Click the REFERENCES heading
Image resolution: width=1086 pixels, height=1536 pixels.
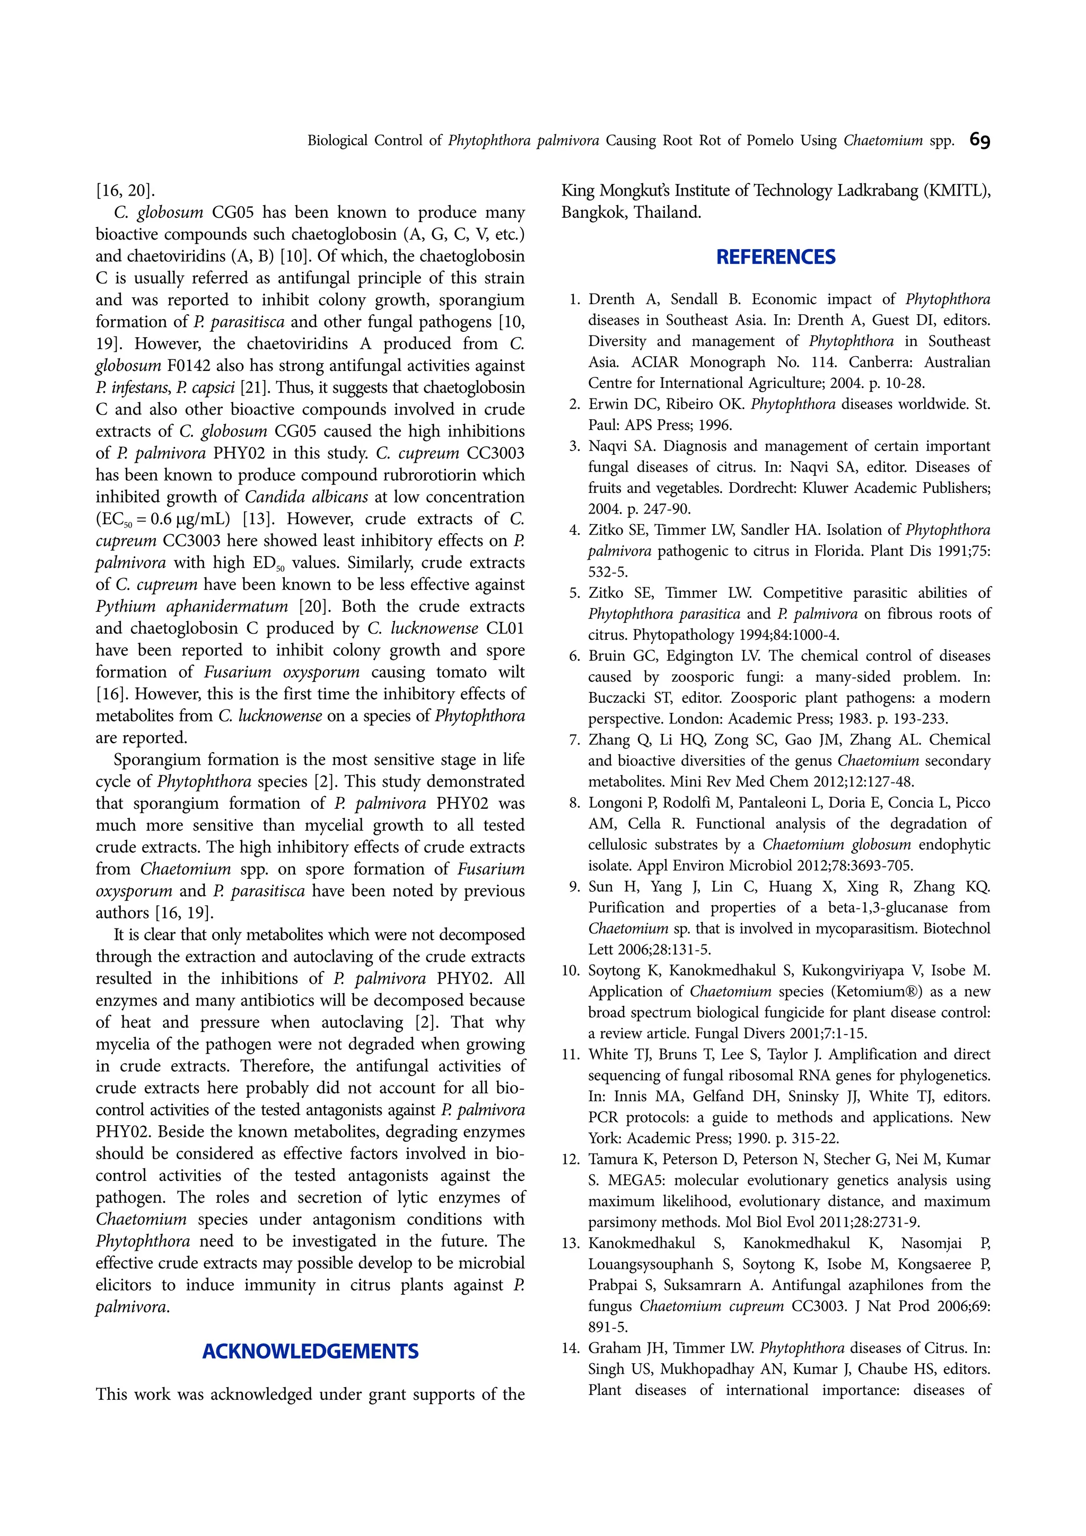click(775, 257)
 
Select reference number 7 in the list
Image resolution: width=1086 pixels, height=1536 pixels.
click(575, 740)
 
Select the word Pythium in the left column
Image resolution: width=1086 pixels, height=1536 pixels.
click(126, 606)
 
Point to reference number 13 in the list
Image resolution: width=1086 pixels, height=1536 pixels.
click(570, 1243)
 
